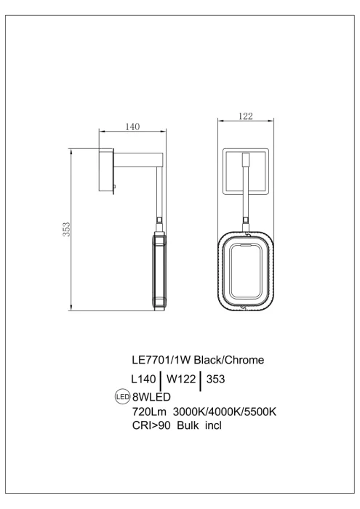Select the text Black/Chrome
coord(233,359)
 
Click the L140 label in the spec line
coord(144,379)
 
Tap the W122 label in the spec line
coord(182,379)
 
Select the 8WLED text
coord(151,397)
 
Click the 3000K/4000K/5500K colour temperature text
coord(225,412)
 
